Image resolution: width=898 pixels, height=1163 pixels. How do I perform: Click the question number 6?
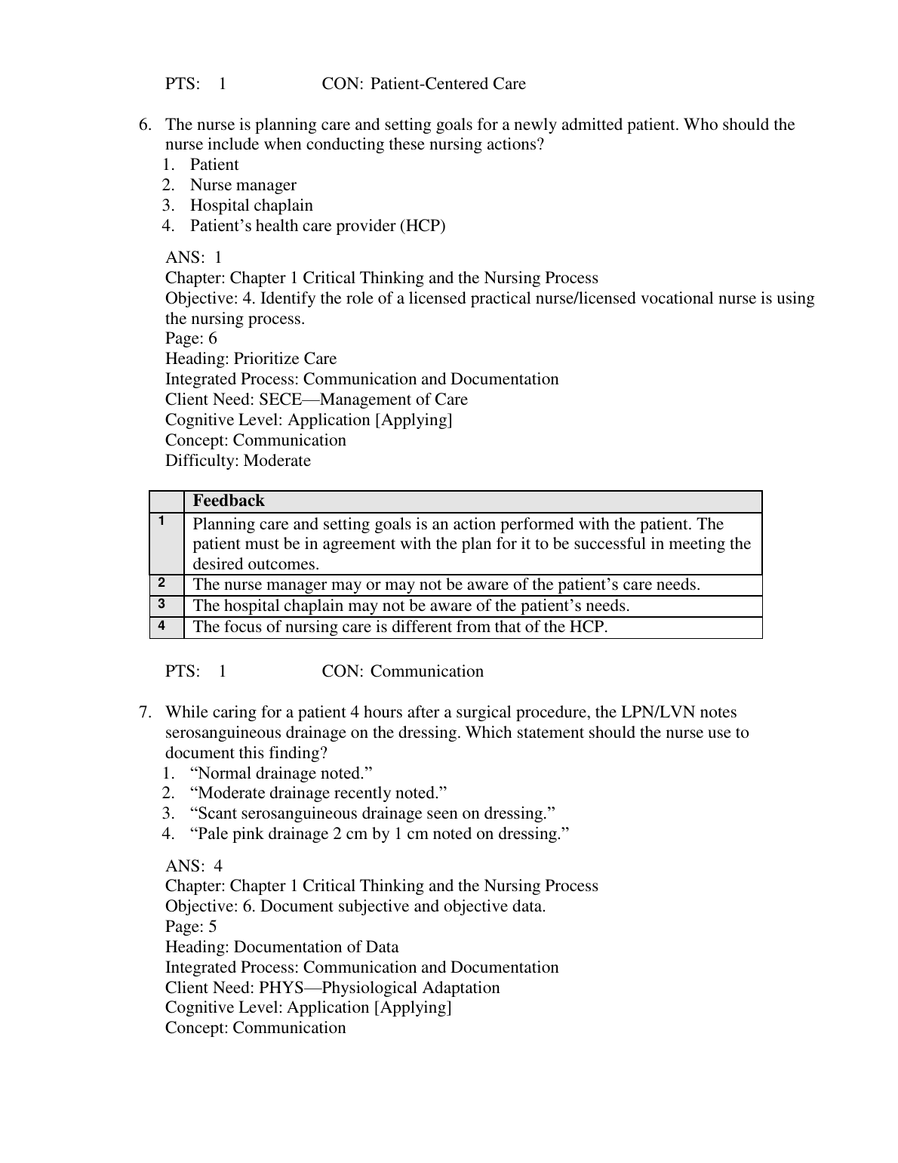(145, 125)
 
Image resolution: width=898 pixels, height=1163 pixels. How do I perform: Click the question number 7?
(145, 712)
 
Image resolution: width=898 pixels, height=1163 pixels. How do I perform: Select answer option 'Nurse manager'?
(242, 185)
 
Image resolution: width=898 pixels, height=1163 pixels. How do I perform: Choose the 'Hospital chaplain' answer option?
(251, 205)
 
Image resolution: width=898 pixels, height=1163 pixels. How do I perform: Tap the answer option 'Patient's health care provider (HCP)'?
(317, 226)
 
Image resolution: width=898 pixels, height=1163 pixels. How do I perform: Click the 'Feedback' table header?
(229, 501)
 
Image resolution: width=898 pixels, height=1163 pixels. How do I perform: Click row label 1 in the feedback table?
(161, 520)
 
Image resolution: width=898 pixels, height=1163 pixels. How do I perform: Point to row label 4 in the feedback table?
(161, 625)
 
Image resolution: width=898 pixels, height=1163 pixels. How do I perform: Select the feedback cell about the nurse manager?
(446, 585)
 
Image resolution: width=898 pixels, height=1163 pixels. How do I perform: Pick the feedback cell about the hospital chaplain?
(411, 606)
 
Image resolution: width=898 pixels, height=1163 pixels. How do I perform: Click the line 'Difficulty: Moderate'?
(238, 461)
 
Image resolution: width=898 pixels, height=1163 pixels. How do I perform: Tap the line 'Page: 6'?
(191, 338)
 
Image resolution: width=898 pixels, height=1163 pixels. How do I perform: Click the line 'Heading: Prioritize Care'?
(251, 359)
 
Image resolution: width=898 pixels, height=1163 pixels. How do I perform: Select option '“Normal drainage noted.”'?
(281, 773)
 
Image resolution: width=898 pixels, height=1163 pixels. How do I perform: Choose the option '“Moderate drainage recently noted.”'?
(318, 793)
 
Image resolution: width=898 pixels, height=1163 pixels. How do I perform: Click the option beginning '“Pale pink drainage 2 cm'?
(379, 834)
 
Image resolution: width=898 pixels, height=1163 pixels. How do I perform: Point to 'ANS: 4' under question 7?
(194, 866)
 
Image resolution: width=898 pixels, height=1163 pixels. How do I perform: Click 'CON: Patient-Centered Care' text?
(423, 84)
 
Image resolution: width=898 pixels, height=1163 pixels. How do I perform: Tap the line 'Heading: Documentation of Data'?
(281, 947)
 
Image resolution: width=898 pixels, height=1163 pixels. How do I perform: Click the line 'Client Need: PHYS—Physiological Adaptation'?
(332, 988)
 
